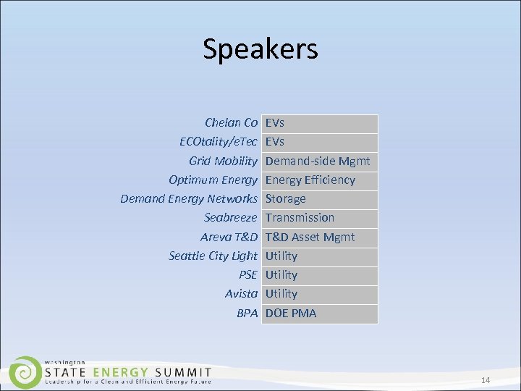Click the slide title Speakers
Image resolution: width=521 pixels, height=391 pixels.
tap(260, 49)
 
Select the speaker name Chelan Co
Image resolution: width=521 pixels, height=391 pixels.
tap(231, 123)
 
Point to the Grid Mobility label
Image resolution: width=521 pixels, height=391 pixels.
tap(223, 161)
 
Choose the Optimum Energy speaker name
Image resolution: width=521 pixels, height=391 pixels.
tap(213, 180)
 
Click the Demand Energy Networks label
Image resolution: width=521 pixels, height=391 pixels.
tap(189, 198)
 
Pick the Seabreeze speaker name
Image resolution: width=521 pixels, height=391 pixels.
tap(230, 217)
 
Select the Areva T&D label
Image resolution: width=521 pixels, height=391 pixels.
tap(229, 237)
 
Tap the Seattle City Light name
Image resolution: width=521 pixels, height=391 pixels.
tap(213, 256)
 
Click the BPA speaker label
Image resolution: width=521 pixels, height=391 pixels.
tap(247, 313)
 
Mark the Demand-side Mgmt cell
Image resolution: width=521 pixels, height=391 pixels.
tap(318, 161)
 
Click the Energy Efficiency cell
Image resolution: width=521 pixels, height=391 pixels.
tap(310, 180)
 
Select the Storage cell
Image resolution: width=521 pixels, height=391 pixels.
tap(286, 198)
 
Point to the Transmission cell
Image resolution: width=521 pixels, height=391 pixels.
tap(300, 217)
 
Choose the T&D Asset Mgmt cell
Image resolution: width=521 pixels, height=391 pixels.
tap(310, 237)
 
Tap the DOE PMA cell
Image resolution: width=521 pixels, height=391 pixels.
tap(291, 313)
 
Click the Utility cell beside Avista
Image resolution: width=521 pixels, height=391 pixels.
tap(281, 293)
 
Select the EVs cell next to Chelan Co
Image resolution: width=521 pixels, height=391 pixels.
tap(275, 123)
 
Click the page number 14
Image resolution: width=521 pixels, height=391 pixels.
tap(486, 381)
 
